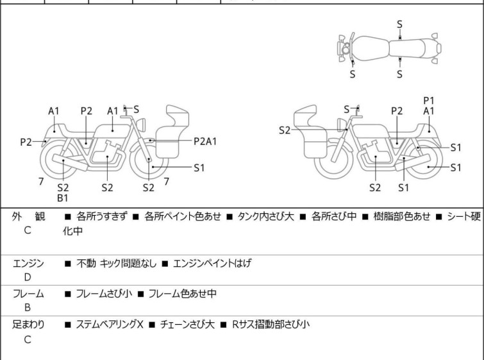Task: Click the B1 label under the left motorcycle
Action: pos(63,198)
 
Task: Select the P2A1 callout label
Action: pos(205,141)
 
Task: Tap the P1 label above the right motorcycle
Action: pos(429,100)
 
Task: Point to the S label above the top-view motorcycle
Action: pos(399,24)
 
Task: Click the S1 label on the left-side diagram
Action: pos(199,168)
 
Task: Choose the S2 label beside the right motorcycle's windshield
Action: pos(285,130)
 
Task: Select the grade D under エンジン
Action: pos(28,277)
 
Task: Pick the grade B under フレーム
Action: pos(28,307)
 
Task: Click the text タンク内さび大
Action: pos(262,216)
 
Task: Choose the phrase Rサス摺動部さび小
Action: pos(270,324)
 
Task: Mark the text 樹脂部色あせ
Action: pos(400,216)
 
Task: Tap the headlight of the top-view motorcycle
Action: pos(346,49)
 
